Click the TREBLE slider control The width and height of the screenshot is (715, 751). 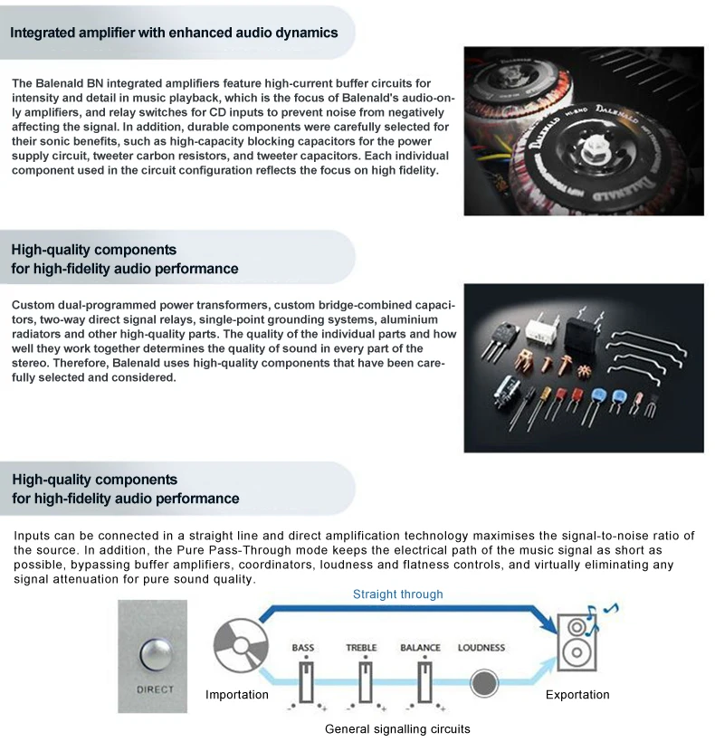[365, 681]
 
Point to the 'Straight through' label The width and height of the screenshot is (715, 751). [397, 594]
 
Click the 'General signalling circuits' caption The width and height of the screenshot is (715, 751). [397, 728]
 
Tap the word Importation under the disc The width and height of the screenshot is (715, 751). [237, 695]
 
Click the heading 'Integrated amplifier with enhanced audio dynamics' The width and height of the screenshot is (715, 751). [174, 33]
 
